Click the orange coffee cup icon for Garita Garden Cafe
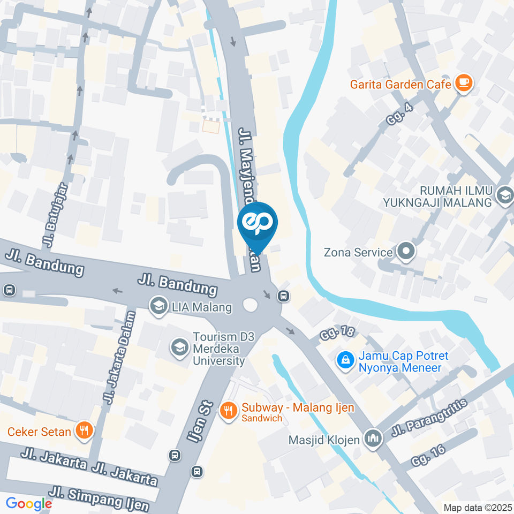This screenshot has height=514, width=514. coord(463,84)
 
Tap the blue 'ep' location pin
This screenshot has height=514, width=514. coord(257,223)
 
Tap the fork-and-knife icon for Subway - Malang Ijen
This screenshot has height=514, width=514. coord(229,411)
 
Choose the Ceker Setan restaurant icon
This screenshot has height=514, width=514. coord(84,431)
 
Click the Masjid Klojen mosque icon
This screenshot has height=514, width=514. coord(372,438)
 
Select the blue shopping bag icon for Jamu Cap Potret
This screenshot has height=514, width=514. coord(346,361)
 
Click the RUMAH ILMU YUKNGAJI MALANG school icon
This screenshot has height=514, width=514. coord(504,196)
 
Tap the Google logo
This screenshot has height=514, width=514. coord(28,503)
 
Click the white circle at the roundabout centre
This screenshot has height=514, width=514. coord(250,305)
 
